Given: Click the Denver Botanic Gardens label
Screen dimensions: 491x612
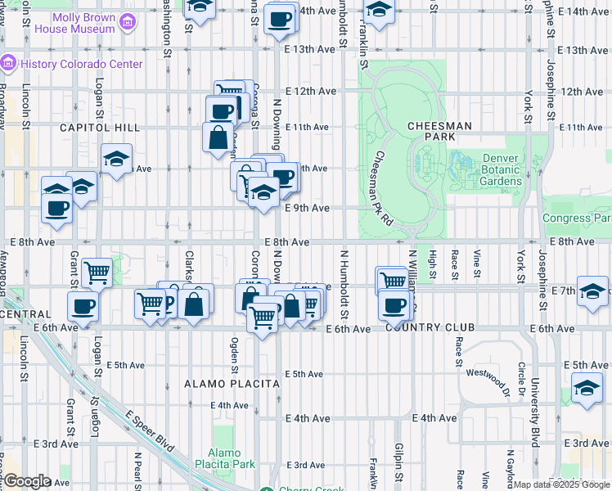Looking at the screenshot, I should (502, 169).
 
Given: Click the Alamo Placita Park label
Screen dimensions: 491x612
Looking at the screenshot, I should (223, 458).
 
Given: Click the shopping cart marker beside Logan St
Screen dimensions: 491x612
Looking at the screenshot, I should (97, 272).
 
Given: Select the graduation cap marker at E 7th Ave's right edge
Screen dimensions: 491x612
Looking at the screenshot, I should (592, 291).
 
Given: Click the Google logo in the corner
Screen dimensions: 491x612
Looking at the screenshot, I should (27, 481).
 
